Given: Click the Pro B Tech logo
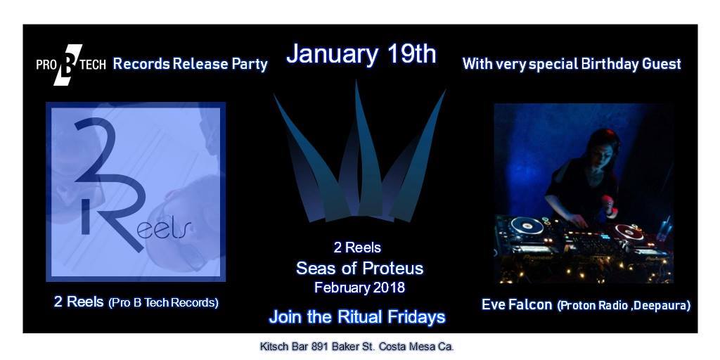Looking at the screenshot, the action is pyautogui.click(x=71, y=65).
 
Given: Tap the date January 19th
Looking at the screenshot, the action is pyautogui.click(x=361, y=54).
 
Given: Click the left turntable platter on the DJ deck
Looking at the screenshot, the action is pyautogui.click(x=527, y=226).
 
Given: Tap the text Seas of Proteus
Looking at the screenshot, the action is pyautogui.click(x=359, y=268).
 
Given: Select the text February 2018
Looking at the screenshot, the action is pyautogui.click(x=359, y=288).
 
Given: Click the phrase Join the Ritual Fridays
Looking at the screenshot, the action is pyautogui.click(x=357, y=317).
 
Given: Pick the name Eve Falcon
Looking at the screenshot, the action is pyautogui.click(x=517, y=304).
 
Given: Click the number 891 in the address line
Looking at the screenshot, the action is pyautogui.click(x=320, y=346).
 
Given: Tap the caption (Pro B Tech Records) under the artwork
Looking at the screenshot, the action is pyautogui.click(x=163, y=303).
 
